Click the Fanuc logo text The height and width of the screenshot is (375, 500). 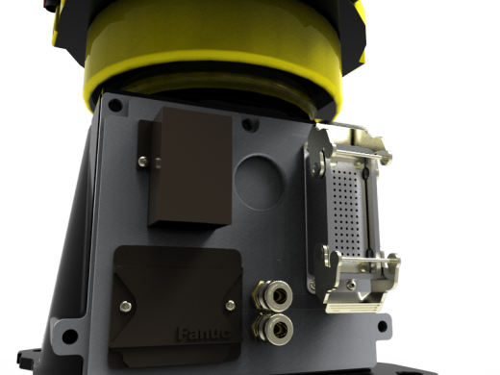pos(203,335)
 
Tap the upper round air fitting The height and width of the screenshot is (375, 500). pos(267,292)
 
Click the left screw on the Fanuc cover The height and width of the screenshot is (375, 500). pos(124,305)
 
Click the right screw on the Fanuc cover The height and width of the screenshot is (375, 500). pos(230,305)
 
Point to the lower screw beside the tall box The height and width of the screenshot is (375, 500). pos(143,161)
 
